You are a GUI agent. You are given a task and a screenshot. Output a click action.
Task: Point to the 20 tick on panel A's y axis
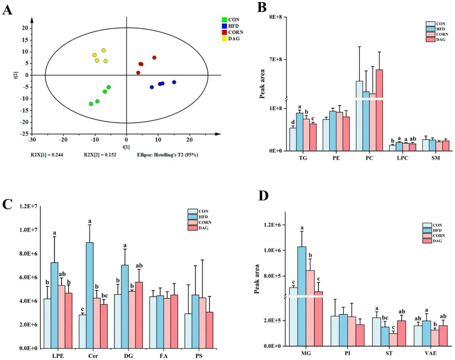(25, 28)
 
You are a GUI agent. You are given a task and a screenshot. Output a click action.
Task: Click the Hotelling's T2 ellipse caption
(168, 155)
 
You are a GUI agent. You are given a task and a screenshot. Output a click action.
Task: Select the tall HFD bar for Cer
(90, 295)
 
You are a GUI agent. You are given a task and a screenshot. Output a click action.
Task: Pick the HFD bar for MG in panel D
(301, 295)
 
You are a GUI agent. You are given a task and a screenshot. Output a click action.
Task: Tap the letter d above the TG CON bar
(293, 122)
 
